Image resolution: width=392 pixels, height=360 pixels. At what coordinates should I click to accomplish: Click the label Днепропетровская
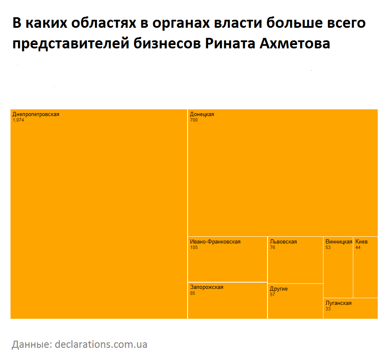point(36,114)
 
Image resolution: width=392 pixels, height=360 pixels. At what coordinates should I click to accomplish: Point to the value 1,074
point(19,120)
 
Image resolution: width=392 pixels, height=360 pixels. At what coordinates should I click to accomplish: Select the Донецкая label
point(202,114)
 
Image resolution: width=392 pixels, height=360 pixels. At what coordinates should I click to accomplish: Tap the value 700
point(194,120)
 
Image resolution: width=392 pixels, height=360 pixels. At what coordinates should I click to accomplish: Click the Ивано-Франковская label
point(215,242)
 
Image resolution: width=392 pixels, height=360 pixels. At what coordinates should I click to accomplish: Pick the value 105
point(194,248)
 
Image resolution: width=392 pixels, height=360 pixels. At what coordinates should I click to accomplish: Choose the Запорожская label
point(207,287)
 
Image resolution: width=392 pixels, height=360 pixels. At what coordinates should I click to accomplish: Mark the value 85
point(193,293)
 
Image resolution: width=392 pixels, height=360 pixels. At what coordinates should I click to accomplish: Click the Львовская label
point(283,242)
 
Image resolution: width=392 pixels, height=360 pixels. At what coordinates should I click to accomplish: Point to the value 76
point(273,248)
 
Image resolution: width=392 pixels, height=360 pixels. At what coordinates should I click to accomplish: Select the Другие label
point(279,289)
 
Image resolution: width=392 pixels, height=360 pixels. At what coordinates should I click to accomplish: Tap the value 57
point(273,295)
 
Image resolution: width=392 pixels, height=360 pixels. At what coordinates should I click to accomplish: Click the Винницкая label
point(339,242)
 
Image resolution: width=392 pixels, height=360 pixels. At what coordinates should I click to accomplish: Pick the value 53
point(328,248)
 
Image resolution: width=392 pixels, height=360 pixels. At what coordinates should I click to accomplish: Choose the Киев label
point(361,242)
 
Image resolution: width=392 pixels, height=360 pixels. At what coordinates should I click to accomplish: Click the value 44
point(358,248)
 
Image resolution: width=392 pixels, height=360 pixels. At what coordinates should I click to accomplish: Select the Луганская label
point(338,303)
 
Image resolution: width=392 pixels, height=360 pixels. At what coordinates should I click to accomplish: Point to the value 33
point(328,309)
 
